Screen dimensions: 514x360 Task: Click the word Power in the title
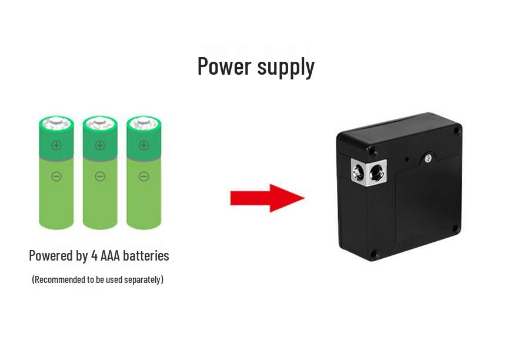coord(225,66)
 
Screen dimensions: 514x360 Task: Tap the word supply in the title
coord(286,68)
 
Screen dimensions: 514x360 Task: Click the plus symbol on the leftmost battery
coord(56,145)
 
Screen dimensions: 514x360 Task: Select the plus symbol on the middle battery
coord(100,145)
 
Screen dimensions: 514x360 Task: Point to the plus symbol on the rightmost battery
coord(143,145)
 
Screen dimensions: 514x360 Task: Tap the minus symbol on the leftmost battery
coord(56,176)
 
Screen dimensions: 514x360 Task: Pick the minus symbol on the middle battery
coord(100,176)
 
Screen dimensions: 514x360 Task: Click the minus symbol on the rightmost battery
coord(143,176)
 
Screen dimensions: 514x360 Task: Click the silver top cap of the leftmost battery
coord(56,124)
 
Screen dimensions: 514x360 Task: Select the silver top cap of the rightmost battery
coord(143,124)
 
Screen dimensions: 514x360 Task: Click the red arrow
coord(268,198)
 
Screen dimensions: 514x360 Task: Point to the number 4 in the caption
coord(95,256)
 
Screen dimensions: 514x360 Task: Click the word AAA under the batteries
coord(110,256)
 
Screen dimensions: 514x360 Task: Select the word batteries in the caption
coord(146,256)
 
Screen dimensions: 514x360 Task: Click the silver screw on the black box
coord(428,159)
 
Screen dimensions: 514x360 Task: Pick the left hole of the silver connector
coord(358,172)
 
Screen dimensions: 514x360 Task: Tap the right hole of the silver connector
coord(375,172)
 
